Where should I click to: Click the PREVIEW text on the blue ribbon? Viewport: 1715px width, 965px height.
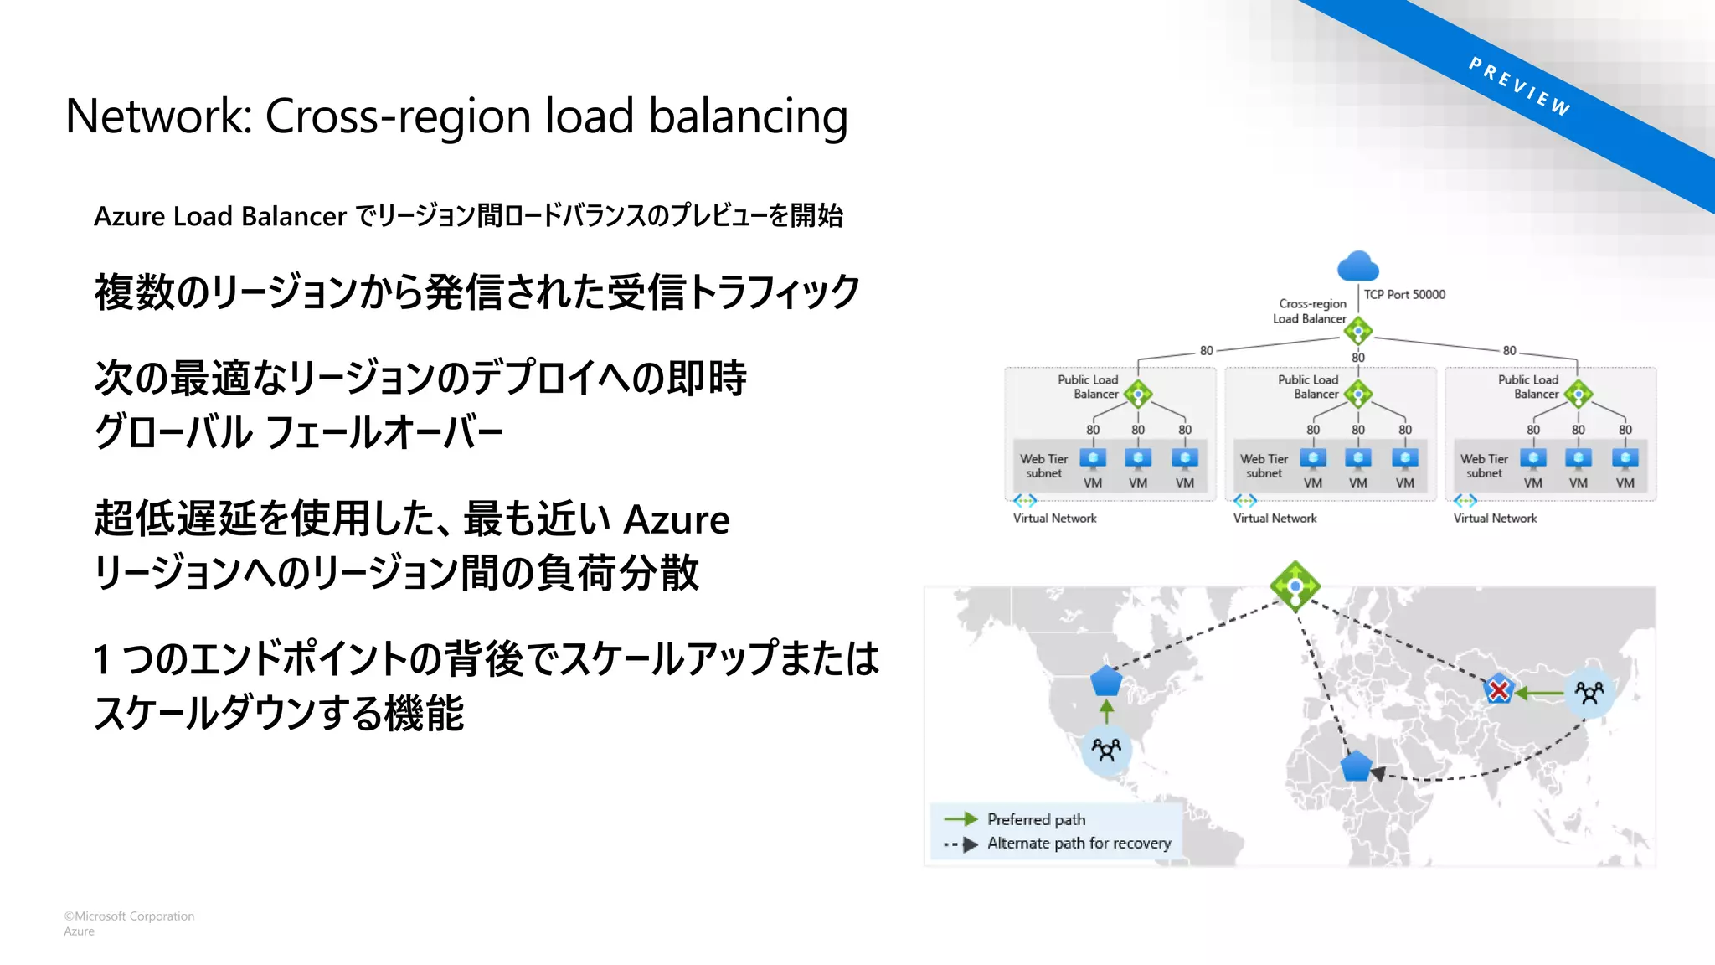click(1519, 86)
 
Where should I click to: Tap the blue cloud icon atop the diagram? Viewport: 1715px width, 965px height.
click(1357, 266)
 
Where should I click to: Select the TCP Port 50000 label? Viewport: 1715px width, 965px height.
click(1404, 295)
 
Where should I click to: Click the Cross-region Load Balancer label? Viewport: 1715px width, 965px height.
click(1311, 311)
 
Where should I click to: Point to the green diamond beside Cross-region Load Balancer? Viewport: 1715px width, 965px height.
click(1357, 331)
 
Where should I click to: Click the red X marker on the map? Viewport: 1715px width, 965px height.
click(1498, 690)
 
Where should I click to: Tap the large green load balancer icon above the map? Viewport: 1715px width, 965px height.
click(1295, 586)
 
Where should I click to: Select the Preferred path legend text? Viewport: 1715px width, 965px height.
click(1036, 819)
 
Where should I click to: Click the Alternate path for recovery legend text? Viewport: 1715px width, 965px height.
click(1079, 844)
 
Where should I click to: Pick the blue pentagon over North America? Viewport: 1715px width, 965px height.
click(1106, 681)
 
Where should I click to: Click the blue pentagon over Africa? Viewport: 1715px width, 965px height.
click(1355, 766)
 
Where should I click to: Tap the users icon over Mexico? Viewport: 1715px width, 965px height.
click(1106, 749)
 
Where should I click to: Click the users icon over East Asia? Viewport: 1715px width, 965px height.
click(1589, 692)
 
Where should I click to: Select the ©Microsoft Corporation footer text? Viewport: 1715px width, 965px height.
click(129, 916)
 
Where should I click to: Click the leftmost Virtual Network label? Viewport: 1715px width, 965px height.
click(1054, 519)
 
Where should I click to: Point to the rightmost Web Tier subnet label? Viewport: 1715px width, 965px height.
click(1484, 467)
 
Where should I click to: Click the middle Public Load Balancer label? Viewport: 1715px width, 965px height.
click(1308, 387)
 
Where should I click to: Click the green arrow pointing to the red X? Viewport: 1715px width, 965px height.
click(1539, 693)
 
